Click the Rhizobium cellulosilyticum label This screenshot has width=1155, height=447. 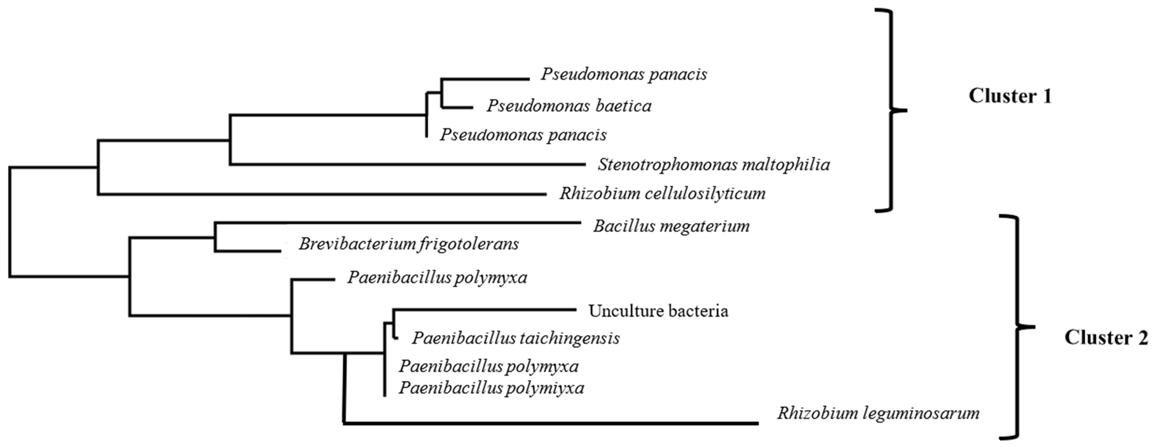(662, 193)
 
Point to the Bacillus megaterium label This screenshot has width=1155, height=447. (671, 226)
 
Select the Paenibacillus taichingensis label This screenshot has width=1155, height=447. (516, 338)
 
